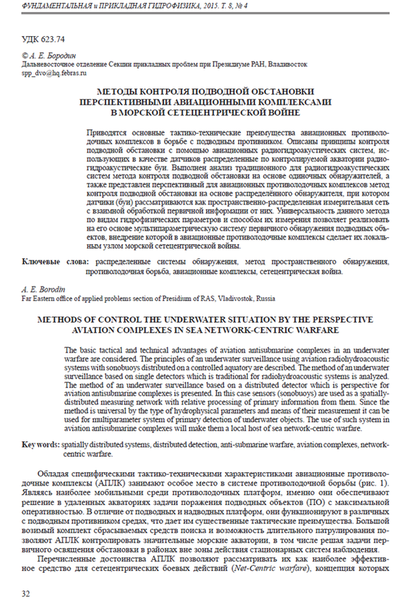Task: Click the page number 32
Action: tap(26, 593)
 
